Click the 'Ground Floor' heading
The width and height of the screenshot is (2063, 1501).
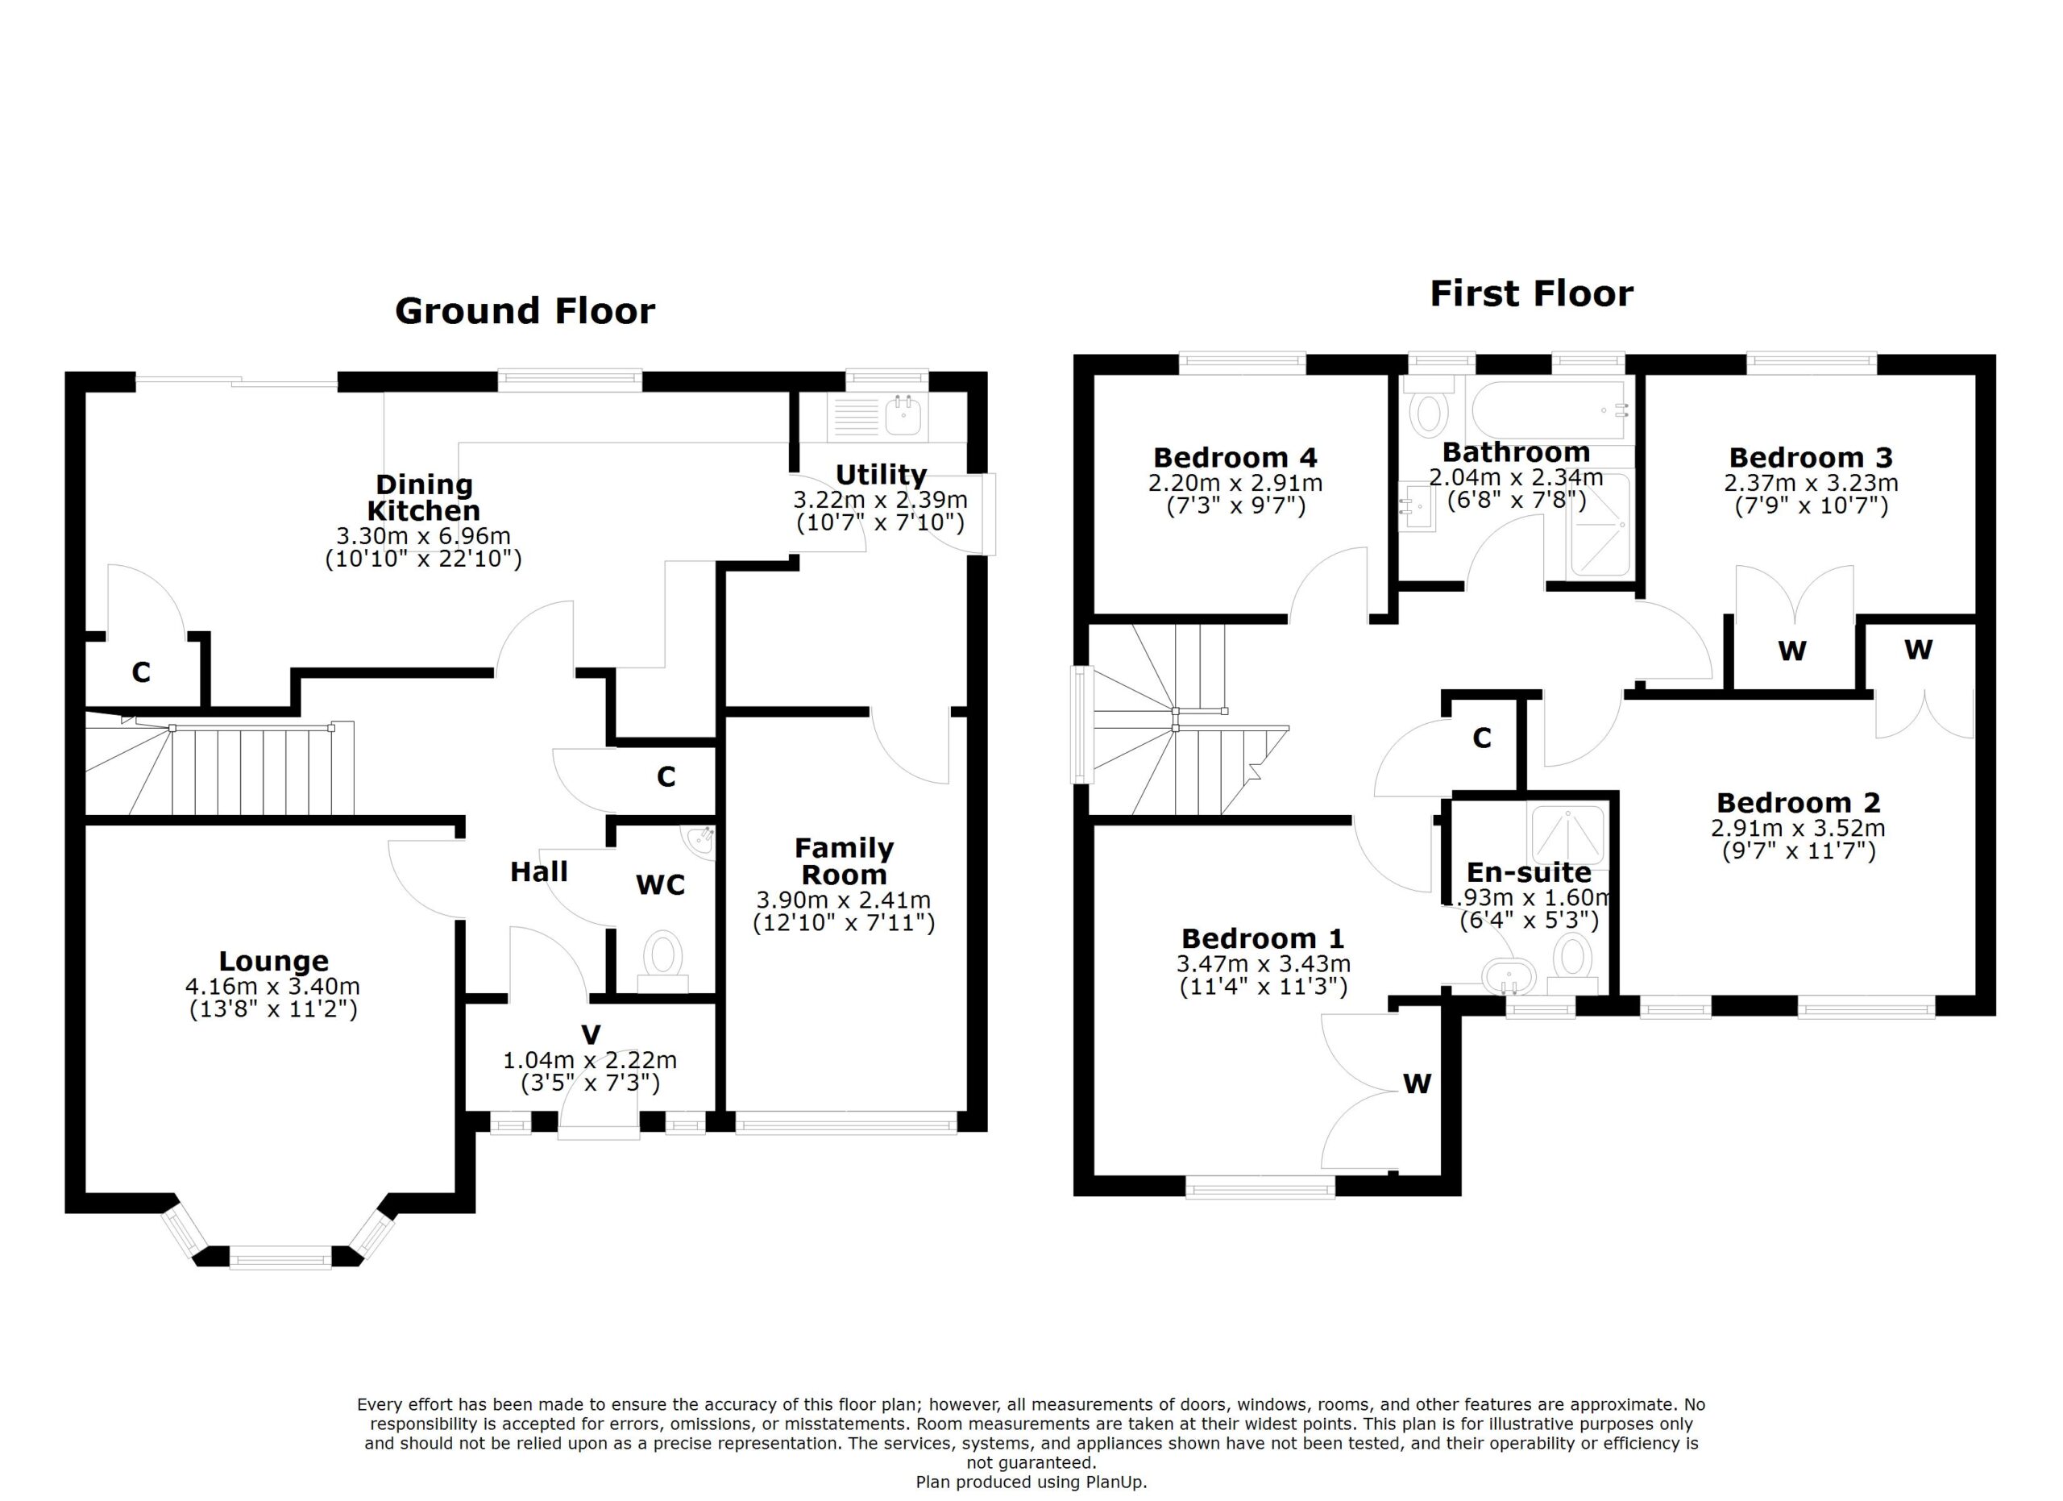coord(525,311)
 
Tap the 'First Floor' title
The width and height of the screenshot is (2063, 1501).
coord(1532,294)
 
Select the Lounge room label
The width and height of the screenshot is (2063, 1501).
coord(274,962)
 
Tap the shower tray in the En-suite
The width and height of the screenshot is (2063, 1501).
coord(1569,834)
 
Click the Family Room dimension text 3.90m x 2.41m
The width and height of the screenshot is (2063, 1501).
coord(843,900)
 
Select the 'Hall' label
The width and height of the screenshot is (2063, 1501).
coord(538,871)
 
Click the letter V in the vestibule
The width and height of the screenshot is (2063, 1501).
coord(592,1035)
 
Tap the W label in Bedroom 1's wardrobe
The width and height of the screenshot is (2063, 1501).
coord(1418,1083)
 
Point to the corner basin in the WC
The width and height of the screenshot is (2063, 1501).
coord(699,842)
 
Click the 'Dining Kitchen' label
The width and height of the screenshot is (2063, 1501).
coord(424,497)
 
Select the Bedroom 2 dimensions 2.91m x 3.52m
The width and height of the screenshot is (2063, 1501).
coord(1799,829)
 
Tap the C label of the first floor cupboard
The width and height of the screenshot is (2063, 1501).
coord(1482,738)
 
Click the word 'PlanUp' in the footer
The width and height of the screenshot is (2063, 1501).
coord(1115,1482)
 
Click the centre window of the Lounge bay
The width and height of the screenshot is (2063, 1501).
coord(280,1260)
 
